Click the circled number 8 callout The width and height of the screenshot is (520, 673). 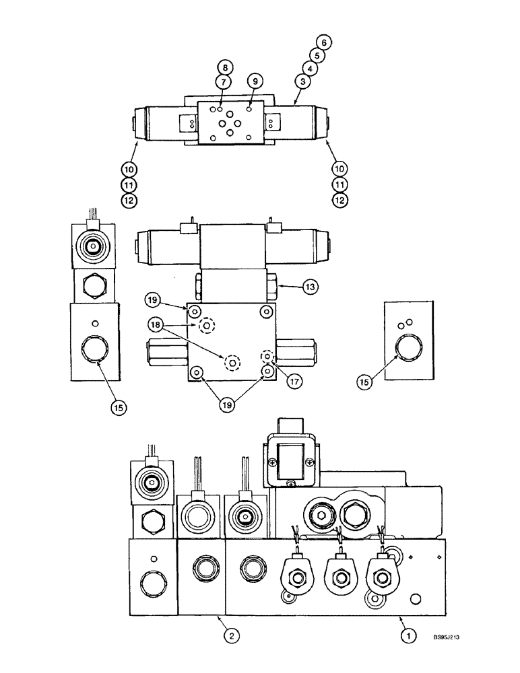point(224,67)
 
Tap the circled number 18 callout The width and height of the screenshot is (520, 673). point(156,325)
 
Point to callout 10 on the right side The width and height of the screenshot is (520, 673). point(342,170)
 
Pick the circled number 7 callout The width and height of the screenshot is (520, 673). point(224,81)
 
